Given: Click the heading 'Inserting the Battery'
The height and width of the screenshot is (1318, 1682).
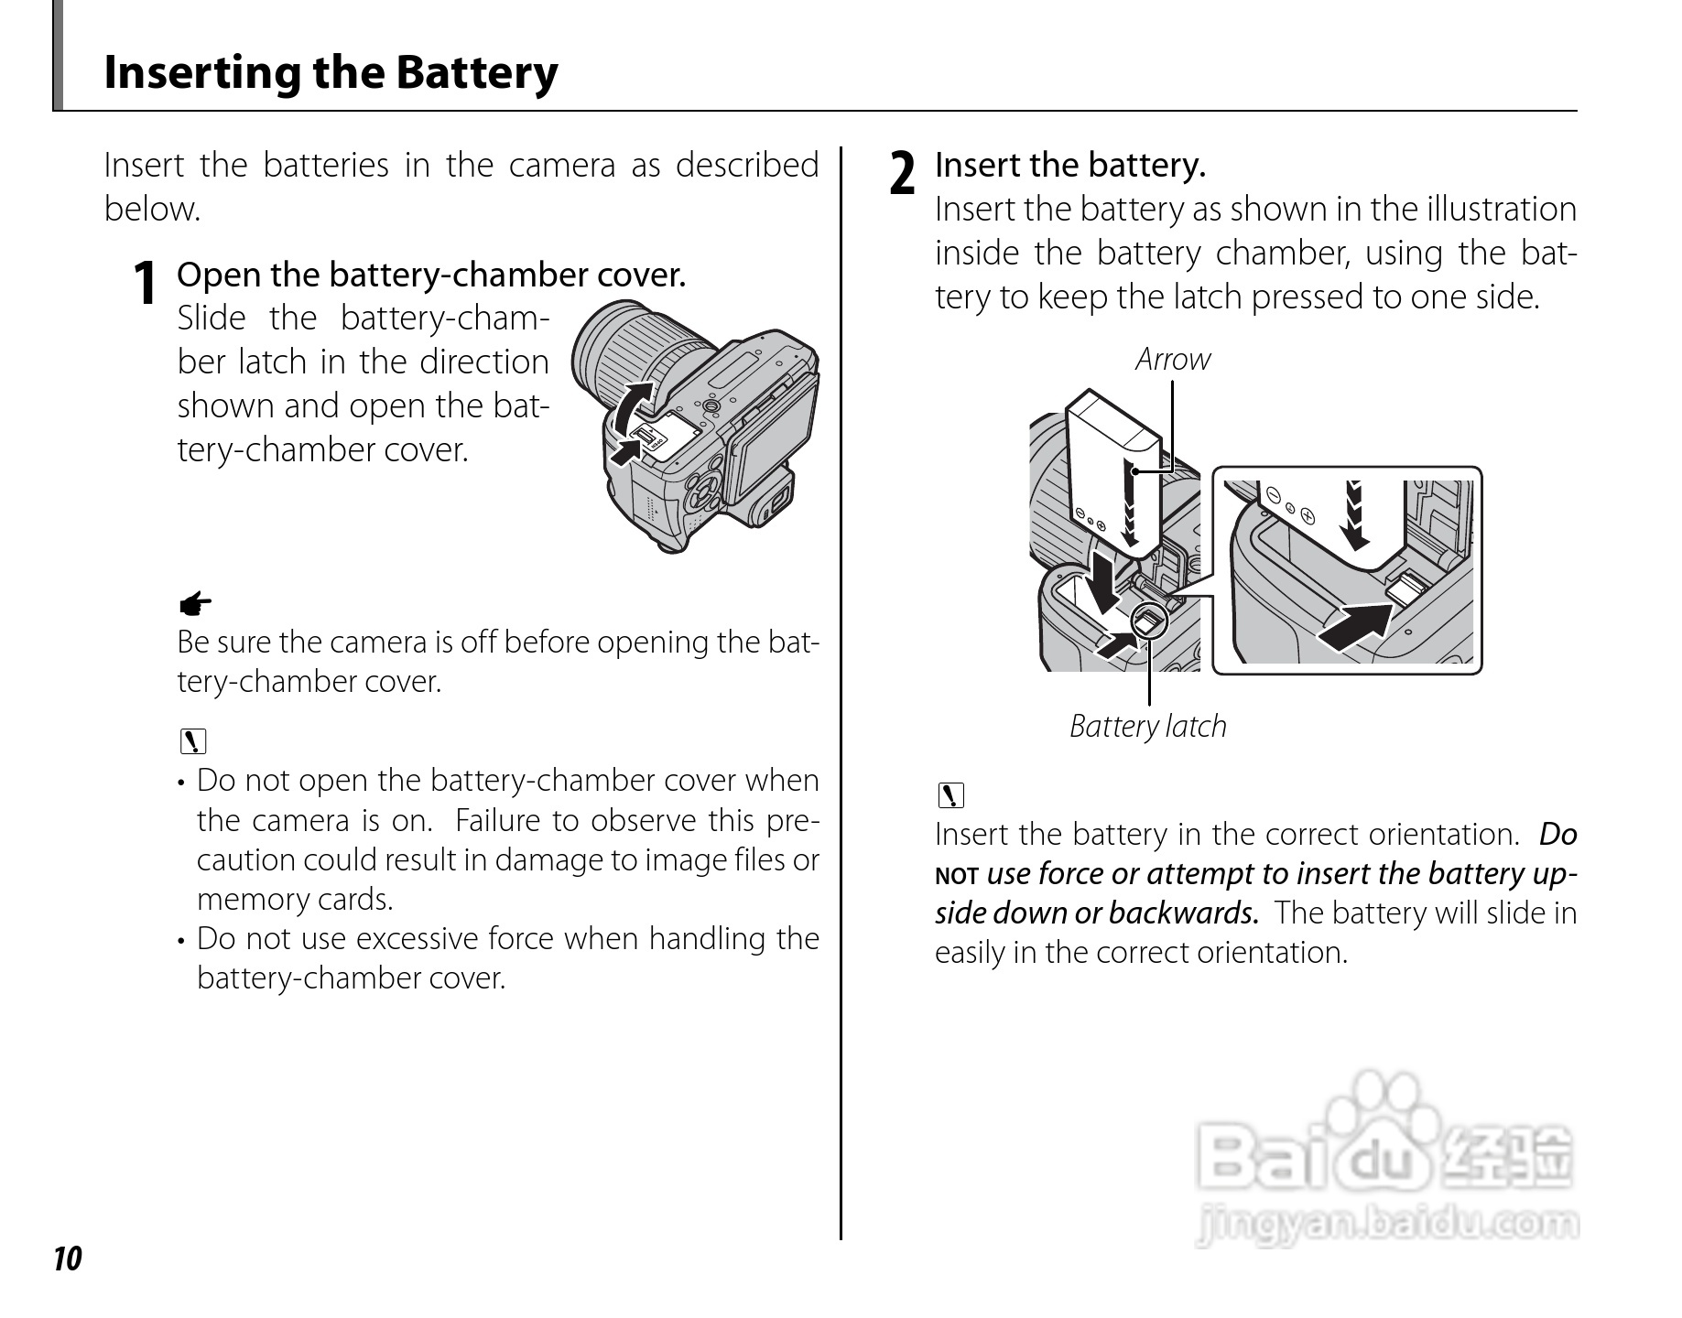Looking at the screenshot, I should [x=331, y=73].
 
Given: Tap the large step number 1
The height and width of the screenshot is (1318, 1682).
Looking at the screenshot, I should [x=145, y=283].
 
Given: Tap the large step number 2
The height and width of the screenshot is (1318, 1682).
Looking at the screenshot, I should [x=903, y=174].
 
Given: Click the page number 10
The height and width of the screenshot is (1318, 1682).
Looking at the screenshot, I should [x=68, y=1259].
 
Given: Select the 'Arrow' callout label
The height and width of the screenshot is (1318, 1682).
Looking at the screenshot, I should [x=1172, y=360].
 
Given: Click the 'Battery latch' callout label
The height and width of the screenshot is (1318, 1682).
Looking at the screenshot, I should [x=1147, y=727].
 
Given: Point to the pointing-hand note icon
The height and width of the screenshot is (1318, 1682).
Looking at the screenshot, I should [x=194, y=603].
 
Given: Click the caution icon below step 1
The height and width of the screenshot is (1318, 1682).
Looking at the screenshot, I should [x=193, y=740].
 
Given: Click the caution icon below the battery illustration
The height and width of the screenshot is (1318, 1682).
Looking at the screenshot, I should [x=951, y=795].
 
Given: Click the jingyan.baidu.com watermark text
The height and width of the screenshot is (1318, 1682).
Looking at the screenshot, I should [x=1387, y=1224].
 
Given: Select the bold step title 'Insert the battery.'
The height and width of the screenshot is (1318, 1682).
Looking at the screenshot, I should [x=1069, y=166].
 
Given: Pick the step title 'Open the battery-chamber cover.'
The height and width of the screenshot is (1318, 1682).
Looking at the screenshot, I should [x=430, y=275].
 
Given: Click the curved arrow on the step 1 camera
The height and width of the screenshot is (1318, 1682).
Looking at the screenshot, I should [x=631, y=406].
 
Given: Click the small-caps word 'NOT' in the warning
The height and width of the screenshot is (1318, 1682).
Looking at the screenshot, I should [x=957, y=876].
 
